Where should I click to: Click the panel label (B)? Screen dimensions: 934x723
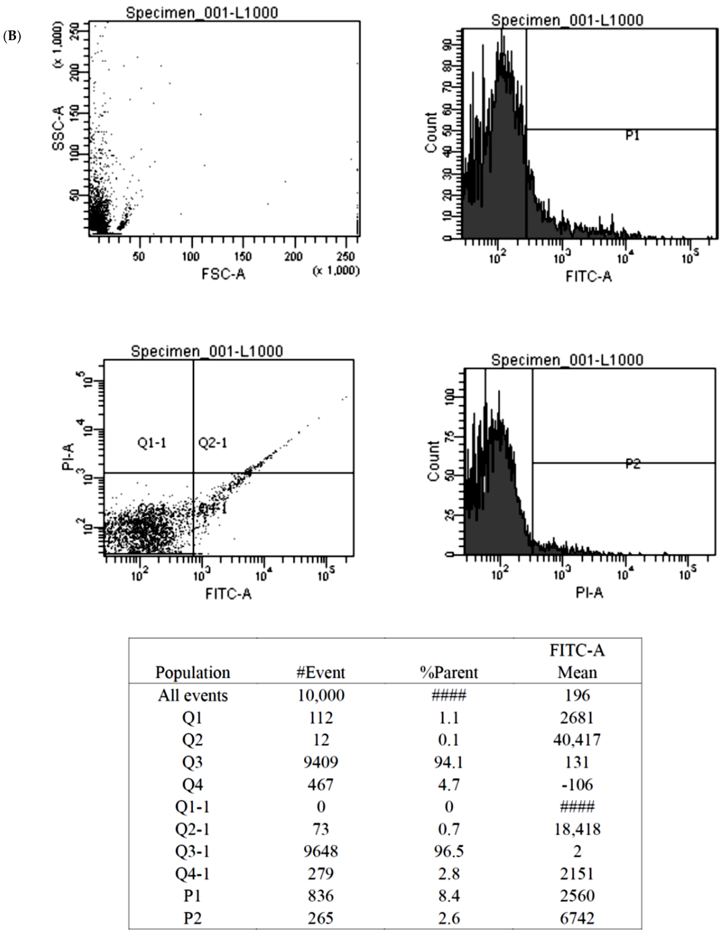pyautogui.click(x=13, y=36)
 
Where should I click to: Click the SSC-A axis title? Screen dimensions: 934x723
pyautogui.click(x=59, y=128)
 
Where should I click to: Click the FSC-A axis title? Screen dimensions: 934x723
pyautogui.click(x=223, y=274)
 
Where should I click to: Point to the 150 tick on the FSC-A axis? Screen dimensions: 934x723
pyautogui.click(x=242, y=256)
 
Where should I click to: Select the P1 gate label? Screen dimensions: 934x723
pyautogui.click(x=633, y=135)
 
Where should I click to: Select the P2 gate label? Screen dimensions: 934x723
pyautogui.click(x=633, y=463)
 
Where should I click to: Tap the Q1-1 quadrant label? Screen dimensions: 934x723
pyautogui.click(x=152, y=443)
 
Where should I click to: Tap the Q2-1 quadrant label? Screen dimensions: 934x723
pyautogui.click(x=213, y=443)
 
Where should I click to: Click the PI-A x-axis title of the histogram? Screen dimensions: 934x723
pyautogui.click(x=589, y=593)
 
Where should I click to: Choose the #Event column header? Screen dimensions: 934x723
pyautogui.click(x=321, y=672)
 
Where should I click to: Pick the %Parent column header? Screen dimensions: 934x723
pyautogui.click(x=449, y=672)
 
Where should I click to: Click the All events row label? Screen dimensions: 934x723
pyautogui.click(x=193, y=696)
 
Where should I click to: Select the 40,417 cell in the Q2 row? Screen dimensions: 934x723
pyautogui.click(x=576, y=740)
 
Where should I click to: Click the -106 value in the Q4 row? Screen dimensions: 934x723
pyautogui.click(x=576, y=785)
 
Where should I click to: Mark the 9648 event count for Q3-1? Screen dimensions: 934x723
pyautogui.click(x=321, y=852)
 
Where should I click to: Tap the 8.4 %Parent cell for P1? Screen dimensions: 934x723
pyautogui.click(x=449, y=896)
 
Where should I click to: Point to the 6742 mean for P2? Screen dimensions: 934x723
pyautogui.click(x=576, y=919)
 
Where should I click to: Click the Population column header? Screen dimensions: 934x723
pyautogui.click(x=193, y=672)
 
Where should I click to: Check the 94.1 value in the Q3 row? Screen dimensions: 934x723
pyautogui.click(x=449, y=763)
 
